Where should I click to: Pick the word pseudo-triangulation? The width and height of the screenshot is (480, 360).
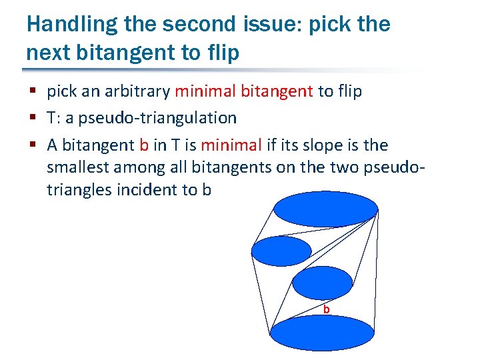(x=158, y=118)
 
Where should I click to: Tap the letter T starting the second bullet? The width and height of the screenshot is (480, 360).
(x=51, y=118)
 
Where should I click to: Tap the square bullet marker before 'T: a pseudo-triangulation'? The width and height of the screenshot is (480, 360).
(x=33, y=119)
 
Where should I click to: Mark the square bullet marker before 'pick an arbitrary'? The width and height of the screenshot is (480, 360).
(x=33, y=92)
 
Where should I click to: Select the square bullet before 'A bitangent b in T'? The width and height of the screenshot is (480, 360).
(x=33, y=145)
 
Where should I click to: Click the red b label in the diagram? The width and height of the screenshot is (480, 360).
(x=326, y=309)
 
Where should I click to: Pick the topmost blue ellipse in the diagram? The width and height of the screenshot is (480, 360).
(x=326, y=210)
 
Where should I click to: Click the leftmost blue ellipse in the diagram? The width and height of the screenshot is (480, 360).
(x=281, y=251)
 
